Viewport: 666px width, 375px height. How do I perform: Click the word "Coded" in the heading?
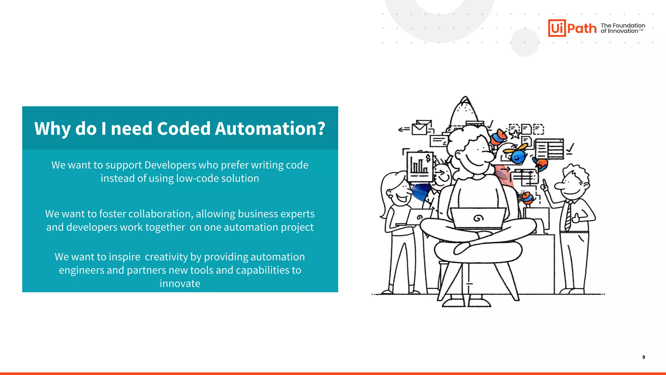184,128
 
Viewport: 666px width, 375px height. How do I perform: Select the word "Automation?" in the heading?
270,128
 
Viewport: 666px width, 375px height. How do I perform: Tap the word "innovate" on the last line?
180,284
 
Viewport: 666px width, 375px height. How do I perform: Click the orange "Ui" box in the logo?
557,28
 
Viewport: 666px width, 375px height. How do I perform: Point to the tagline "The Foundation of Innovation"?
622,28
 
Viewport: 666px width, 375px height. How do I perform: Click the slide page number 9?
644,357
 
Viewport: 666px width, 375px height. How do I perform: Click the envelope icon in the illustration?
420,128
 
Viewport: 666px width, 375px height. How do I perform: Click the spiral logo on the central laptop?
478,218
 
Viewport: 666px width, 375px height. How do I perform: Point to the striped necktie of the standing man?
568,216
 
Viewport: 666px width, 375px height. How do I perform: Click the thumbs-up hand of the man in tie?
576,217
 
